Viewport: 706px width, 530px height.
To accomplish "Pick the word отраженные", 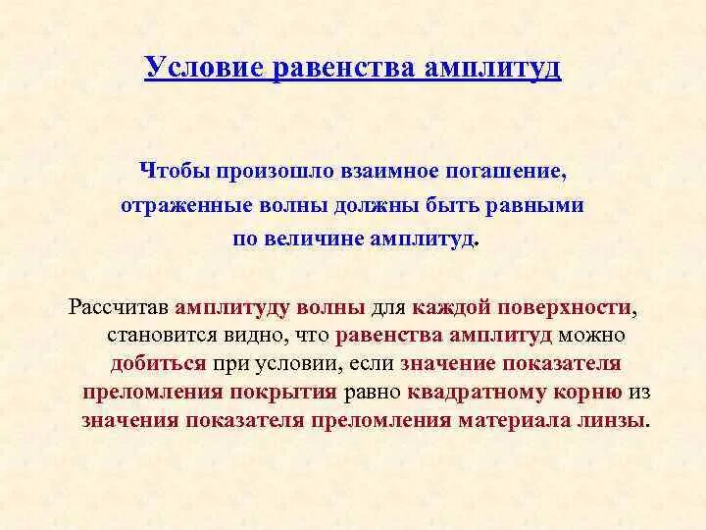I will coord(178,206).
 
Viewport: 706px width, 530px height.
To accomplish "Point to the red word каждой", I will coord(451,307).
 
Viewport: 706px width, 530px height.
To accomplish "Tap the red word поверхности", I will coord(564,307).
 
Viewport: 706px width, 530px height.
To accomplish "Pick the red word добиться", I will coord(158,364).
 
